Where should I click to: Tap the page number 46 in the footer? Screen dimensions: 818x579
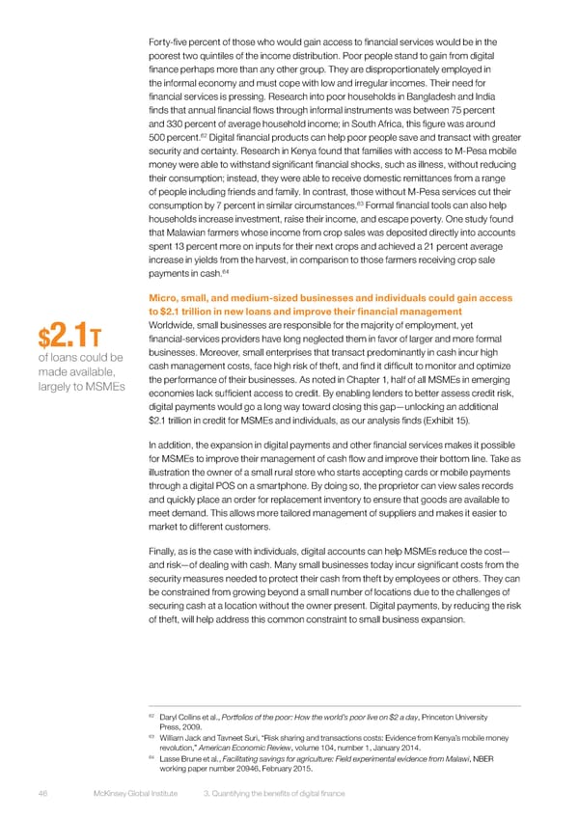click(x=43, y=793)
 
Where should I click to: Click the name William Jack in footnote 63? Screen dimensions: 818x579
click(x=184, y=736)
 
